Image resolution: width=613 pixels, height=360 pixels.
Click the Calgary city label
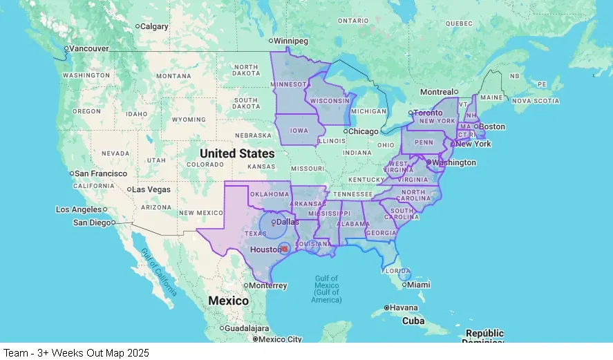point(155,26)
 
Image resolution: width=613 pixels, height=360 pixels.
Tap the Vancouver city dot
point(66,48)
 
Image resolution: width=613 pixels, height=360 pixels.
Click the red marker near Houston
point(284,249)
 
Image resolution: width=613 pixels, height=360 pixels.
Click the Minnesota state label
point(288,84)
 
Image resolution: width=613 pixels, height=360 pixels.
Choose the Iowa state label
point(299,130)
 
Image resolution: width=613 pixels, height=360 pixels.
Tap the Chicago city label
point(364,131)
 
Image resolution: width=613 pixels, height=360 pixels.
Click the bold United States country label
point(237,153)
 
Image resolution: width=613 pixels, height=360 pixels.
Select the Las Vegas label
point(151,189)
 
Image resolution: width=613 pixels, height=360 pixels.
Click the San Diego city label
point(92,222)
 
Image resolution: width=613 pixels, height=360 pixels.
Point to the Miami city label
point(418,285)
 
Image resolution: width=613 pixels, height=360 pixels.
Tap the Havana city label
point(404,307)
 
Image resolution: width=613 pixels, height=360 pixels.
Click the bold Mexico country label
point(228,301)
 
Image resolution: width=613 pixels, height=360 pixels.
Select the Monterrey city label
point(269,285)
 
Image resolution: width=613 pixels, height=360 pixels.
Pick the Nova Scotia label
point(536,100)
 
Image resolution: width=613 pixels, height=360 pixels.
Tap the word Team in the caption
point(15,352)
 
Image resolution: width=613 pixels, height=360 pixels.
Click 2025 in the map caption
point(137,352)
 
